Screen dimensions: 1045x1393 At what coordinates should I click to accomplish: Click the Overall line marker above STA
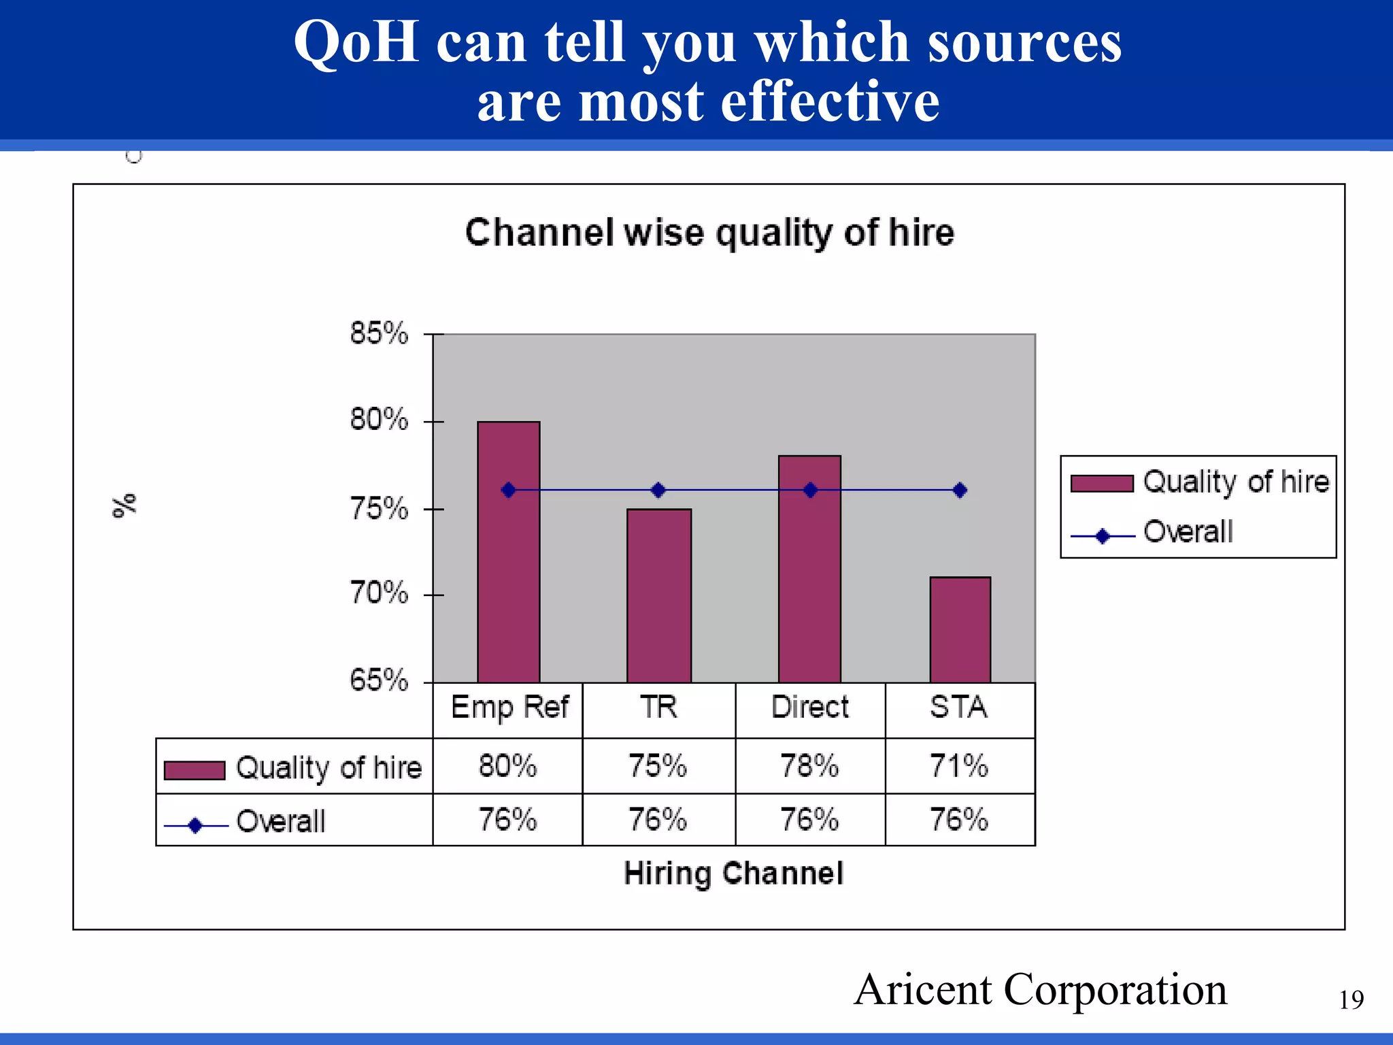click(x=960, y=490)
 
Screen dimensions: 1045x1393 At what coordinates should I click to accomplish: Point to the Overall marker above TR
click(x=658, y=490)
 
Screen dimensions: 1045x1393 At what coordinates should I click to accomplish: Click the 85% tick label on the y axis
click(x=379, y=333)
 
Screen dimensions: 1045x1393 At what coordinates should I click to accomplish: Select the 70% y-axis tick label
click(x=379, y=593)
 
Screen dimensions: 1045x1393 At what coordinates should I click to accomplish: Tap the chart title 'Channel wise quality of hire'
click(x=709, y=233)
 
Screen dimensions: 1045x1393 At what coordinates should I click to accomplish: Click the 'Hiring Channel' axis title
click(x=733, y=873)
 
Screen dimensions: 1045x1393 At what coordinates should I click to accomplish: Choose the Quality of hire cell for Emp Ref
click(x=507, y=766)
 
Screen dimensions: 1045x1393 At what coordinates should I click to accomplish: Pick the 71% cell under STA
click(x=959, y=766)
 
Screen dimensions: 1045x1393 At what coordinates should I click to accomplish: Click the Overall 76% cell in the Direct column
click(x=809, y=820)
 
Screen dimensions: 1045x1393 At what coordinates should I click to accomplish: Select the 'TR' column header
click(x=658, y=708)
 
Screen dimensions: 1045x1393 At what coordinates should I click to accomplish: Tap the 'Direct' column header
click(x=809, y=708)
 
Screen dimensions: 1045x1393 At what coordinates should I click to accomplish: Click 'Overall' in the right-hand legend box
click(x=1188, y=532)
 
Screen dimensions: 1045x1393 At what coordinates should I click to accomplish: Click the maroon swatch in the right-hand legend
click(x=1102, y=483)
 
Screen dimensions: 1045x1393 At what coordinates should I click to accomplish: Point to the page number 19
click(x=1352, y=1000)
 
